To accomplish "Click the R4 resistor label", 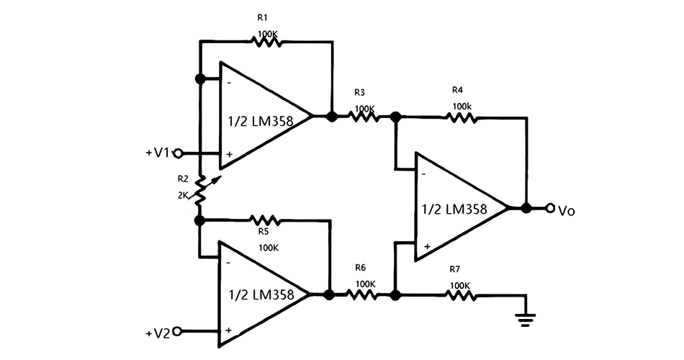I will [457, 90].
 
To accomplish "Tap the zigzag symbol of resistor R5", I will [264, 220].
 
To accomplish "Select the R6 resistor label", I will [361, 267].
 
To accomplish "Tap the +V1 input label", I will [158, 153].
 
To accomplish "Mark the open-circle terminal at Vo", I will [550, 209].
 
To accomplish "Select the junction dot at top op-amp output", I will [331, 116].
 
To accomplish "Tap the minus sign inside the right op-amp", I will [424, 173].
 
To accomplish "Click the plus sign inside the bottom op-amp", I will [228, 330].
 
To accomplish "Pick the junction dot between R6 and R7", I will [395, 294].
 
